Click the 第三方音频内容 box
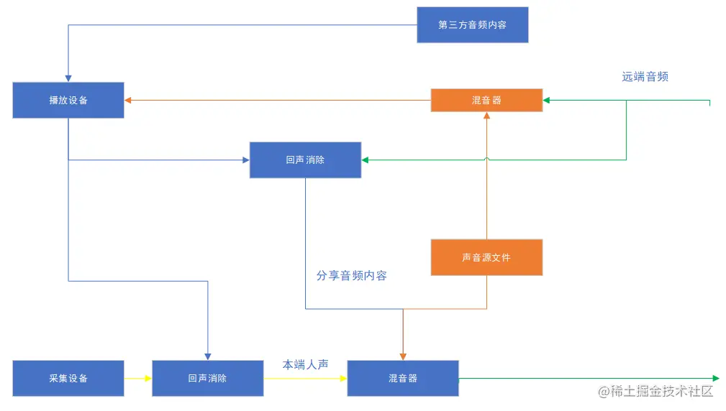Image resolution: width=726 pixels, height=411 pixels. point(472,25)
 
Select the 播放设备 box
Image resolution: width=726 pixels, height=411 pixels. point(68,101)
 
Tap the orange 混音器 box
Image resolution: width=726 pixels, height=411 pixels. point(486,101)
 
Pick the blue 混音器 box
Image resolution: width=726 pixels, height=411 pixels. point(403,378)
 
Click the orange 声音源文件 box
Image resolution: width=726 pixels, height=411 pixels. point(486,257)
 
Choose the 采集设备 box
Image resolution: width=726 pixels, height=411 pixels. point(68,378)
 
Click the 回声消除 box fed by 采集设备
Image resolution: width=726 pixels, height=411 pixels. point(207,378)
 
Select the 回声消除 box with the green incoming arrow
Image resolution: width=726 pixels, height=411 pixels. point(305,160)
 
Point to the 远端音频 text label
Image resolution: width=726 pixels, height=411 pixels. point(645,77)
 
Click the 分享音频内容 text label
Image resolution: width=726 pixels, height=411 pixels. point(351,275)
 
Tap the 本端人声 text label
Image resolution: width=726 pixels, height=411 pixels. point(305,365)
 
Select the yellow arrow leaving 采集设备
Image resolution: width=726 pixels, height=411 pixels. point(137,378)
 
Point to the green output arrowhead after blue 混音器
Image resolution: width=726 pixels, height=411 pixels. point(715,378)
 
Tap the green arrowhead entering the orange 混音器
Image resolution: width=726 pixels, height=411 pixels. point(547,101)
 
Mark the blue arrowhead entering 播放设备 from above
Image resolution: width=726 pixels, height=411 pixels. point(68,78)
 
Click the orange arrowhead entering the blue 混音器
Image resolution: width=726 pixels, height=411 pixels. point(403,356)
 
